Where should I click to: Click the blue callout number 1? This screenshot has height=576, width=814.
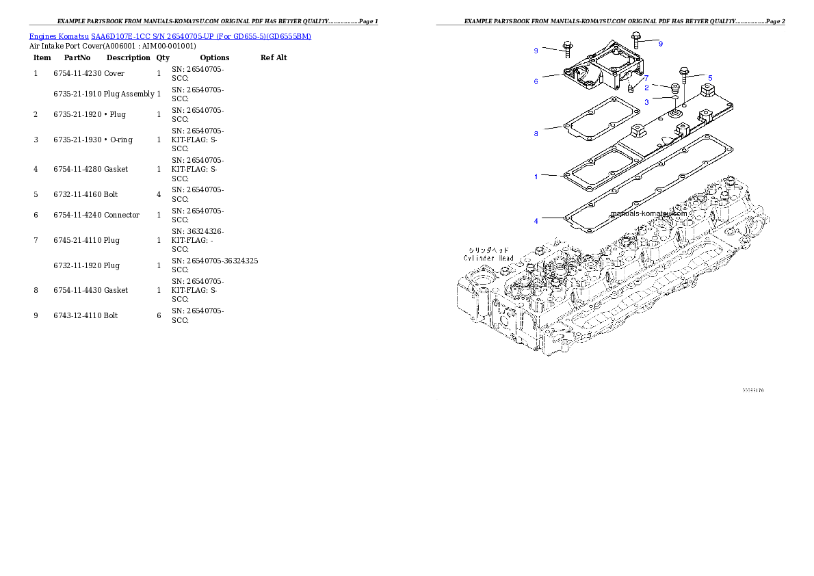click(536, 176)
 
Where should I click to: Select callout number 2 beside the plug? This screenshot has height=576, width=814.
click(646, 87)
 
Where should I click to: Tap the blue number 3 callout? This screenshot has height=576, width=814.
click(646, 102)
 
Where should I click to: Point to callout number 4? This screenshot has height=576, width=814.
click(536, 221)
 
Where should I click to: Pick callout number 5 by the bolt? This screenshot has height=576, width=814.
click(710, 78)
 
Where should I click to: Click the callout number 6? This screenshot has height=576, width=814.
click(536, 81)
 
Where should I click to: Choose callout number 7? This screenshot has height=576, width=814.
click(646, 78)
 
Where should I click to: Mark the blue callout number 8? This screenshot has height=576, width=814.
click(536, 134)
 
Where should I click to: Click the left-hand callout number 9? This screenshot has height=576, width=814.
click(536, 50)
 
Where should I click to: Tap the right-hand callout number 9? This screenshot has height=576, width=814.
click(660, 44)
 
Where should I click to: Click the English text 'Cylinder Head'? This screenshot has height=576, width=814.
click(488, 258)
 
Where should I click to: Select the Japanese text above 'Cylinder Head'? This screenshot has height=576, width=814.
click(488, 250)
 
